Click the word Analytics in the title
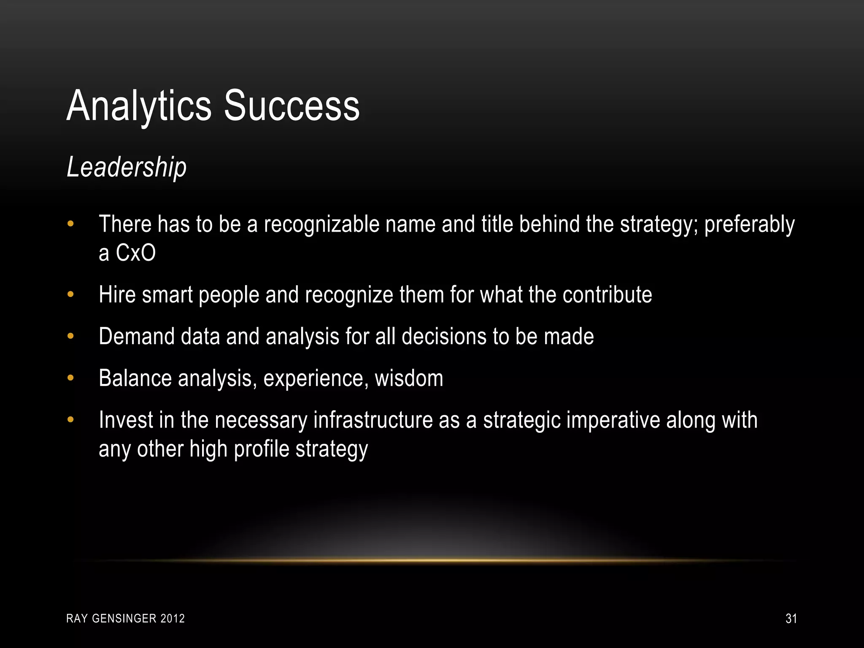point(139,106)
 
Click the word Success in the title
point(292,106)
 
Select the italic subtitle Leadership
point(127,167)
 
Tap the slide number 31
point(791,618)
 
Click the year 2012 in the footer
point(173,618)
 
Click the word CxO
point(135,253)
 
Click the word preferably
point(749,224)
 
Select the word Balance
point(135,378)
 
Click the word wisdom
point(409,378)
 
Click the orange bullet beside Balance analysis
point(70,378)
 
